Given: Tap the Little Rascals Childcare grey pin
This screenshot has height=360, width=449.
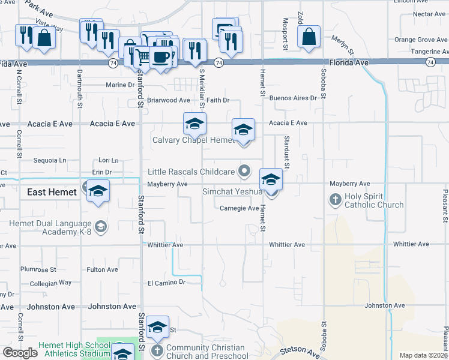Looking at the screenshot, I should pyautogui.click(x=244, y=172).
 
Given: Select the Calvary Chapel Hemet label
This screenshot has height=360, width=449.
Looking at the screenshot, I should pyautogui.click(x=192, y=140).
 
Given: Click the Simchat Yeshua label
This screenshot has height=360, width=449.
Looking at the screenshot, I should pyautogui.click(x=232, y=191).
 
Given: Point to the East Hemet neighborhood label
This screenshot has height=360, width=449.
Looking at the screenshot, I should pyautogui.click(x=52, y=192).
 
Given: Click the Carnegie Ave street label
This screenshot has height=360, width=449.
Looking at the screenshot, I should pyautogui.click(x=239, y=208).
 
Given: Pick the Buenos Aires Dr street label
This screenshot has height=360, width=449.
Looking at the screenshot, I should pyautogui.click(x=292, y=98).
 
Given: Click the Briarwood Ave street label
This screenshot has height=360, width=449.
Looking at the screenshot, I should pyautogui.click(x=169, y=100).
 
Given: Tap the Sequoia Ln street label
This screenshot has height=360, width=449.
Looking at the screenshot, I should pyautogui.click(x=50, y=161).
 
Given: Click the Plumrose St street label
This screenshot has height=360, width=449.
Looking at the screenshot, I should pyautogui.click(x=38, y=270).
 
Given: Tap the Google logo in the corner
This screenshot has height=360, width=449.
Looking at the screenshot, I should pyautogui.click(x=20, y=353).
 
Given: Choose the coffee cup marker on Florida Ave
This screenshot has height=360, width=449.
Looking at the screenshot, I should pyautogui.click(x=160, y=57).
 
